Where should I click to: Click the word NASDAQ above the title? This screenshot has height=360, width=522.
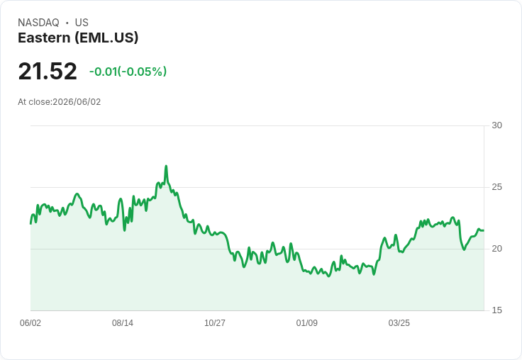point(38,23)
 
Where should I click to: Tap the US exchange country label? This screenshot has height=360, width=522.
point(82,23)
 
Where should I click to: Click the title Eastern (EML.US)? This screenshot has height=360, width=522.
point(78,38)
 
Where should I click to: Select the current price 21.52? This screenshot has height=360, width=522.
point(48,71)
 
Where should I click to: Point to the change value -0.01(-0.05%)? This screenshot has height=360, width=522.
point(128,72)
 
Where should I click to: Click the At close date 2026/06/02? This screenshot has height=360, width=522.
point(77,102)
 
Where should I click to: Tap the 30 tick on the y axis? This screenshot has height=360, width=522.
point(496,125)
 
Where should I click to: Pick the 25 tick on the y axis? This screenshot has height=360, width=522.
point(496,187)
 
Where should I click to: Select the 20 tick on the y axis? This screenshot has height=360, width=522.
point(496,249)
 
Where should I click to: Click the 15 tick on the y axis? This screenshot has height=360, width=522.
point(496,310)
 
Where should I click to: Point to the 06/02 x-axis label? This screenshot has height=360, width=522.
point(30,322)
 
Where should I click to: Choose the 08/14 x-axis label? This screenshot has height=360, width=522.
point(123,322)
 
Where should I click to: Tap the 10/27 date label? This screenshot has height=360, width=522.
point(215,322)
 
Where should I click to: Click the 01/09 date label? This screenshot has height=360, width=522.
point(306,322)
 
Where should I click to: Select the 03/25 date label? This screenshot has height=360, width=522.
point(399,322)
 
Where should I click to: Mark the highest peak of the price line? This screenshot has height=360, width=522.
point(166,166)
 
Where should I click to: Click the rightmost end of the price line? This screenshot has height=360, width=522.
point(484,230)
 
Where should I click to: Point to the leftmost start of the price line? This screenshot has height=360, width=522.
point(30,224)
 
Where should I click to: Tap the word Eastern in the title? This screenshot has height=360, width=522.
point(44,38)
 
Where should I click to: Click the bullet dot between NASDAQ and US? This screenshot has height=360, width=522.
point(67,23)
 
